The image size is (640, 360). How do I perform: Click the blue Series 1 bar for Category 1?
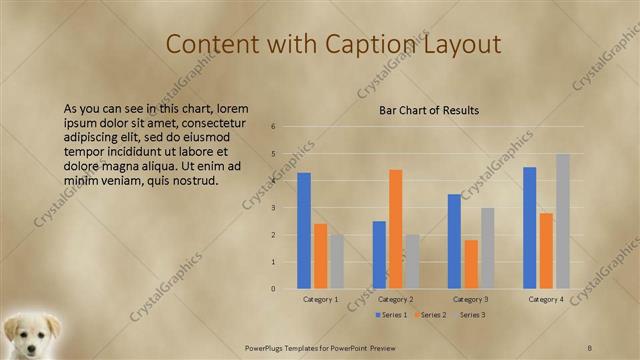point(304,230)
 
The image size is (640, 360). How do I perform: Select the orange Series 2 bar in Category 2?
point(396,228)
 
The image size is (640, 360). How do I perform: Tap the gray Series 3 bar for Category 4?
point(563,221)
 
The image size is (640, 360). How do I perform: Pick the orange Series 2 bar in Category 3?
point(471,264)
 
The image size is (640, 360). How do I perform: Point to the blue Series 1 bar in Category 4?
point(530,227)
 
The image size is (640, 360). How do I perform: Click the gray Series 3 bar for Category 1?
point(337,261)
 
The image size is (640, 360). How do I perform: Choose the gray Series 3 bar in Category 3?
point(488,248)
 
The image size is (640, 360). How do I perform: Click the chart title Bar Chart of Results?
point(429,110)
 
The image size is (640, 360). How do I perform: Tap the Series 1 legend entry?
point(391,315)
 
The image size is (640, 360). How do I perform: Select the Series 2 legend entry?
point(432,315)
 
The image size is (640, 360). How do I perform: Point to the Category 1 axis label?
point(321,299)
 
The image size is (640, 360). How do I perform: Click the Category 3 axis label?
point(471,299)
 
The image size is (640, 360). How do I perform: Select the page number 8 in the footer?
point(590,346)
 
